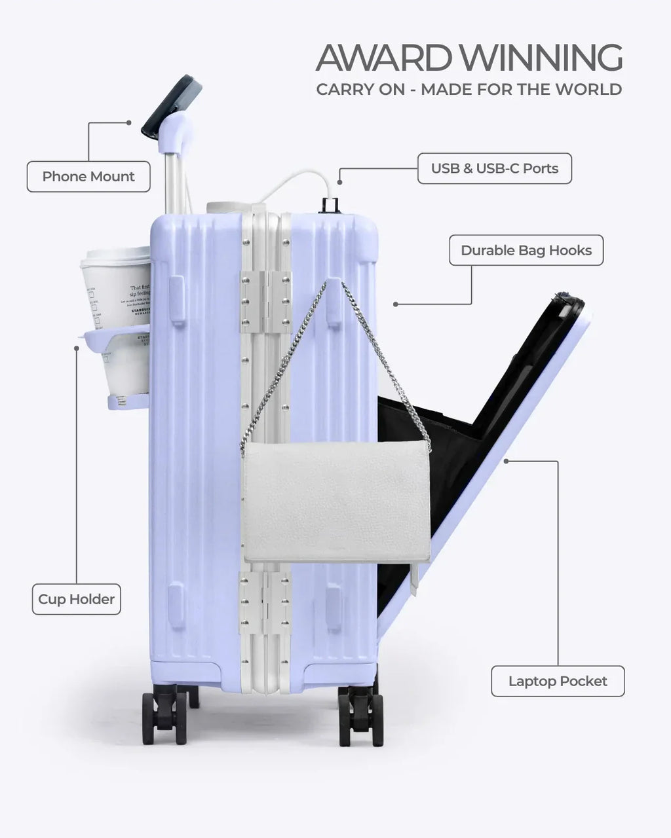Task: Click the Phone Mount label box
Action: tap(88, 177)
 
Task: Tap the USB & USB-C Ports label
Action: tap(495, 168)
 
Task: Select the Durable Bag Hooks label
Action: tap(526, 250)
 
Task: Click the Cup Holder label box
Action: tap(76, 599)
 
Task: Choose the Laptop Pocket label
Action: tap(558, 682)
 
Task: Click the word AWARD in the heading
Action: tap(383, 58)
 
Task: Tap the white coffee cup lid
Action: tap(115, 255)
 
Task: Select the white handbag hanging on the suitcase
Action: tap(335, 501)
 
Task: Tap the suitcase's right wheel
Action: tap(360, 716)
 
